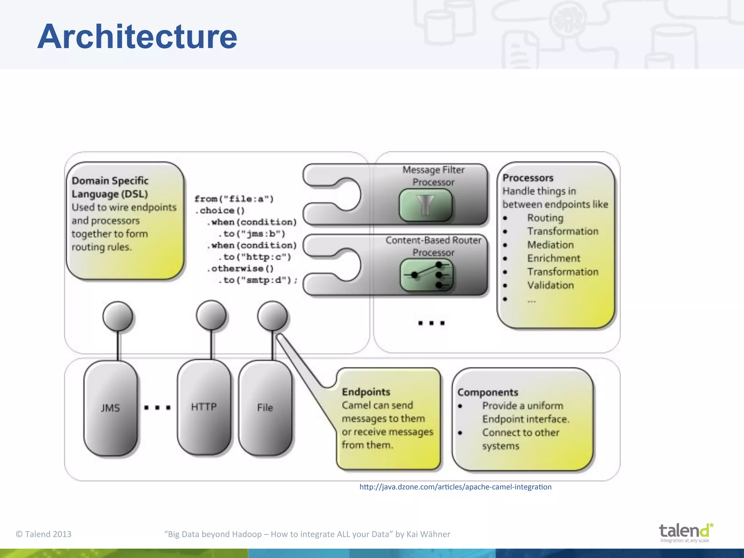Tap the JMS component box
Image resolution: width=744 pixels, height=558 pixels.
tap(110, 408)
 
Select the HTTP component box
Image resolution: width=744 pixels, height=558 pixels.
tap(204, 407)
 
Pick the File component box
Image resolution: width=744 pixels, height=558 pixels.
tap(265, 407)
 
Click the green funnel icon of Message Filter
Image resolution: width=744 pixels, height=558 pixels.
tap(425, 205)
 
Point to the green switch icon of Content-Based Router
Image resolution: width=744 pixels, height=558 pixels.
tap(426, 275)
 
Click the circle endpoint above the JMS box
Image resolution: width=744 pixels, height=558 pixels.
tap(118, 316)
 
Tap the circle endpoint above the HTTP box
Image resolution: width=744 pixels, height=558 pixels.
tap(211, 315)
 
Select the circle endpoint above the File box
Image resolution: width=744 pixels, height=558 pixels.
tap(272, 316)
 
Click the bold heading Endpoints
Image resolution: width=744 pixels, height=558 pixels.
tap(366, 392)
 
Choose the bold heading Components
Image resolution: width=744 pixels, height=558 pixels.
tap(488, 392)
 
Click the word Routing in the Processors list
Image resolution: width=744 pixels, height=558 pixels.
tap(545, 218)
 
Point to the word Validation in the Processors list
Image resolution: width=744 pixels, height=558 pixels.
tap(550, 285)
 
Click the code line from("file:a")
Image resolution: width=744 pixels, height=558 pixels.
tap(234, 199)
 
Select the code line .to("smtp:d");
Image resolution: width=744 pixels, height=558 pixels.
tap(258, 280)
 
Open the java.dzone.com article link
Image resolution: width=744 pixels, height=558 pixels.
tap(455, 487)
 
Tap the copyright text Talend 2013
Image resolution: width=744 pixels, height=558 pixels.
tap(44, 534)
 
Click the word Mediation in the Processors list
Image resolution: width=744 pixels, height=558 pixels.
tap(550, 245)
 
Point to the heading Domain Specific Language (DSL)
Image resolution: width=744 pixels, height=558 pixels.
tap(110, 187)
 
